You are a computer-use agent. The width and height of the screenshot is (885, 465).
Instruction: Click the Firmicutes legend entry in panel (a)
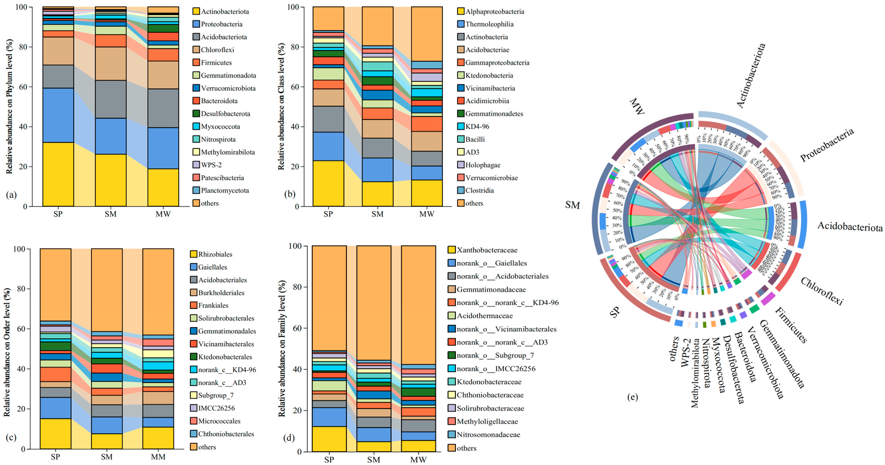216,62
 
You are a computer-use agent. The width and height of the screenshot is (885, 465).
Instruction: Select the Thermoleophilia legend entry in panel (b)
489,24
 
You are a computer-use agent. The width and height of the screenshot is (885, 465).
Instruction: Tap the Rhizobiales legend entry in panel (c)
215,254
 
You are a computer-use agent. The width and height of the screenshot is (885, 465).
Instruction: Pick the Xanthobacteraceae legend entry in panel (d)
487,250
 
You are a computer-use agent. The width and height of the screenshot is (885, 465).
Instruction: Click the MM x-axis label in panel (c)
158,457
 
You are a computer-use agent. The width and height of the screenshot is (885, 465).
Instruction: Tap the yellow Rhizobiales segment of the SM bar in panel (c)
107,441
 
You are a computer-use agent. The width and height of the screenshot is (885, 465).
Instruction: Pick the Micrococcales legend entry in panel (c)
219,421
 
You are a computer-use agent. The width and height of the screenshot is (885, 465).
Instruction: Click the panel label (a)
11,195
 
